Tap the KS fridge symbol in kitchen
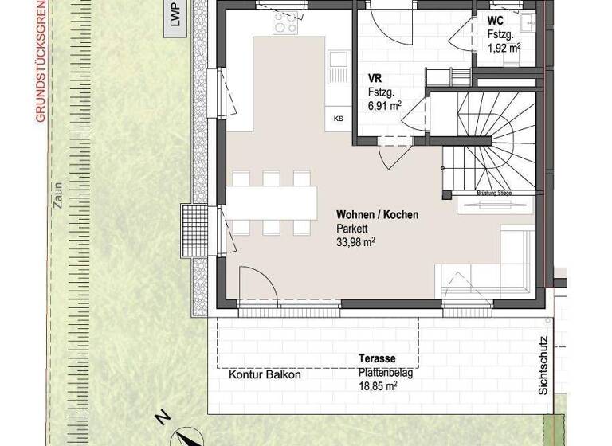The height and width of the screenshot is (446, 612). click(338, 119)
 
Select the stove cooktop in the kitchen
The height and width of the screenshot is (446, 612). click(285, 24)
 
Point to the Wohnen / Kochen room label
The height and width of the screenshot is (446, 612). click(377, 215)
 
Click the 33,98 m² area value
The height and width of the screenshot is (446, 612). click(355, 241)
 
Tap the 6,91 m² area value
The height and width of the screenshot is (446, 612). click(385, 104)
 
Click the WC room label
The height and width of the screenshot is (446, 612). click(496, 21)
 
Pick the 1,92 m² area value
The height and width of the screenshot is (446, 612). click(504, 48)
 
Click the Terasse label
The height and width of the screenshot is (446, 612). click(377, 359)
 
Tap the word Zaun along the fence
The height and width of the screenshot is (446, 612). click(57, 195)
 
